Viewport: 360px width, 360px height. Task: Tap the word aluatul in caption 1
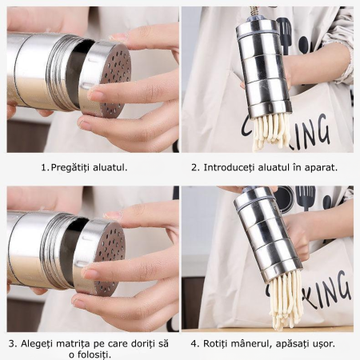pyautogui.click(x=110, y=168)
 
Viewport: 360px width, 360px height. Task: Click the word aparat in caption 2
pyautogui.click(x=320, y=168)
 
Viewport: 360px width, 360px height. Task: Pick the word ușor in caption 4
pyautogui.click(x=322, y=343)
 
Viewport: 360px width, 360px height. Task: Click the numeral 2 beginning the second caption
pyautogui.click(x=194, y=168)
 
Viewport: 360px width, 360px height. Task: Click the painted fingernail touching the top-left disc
pyautogui.click(x=96, y=95)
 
